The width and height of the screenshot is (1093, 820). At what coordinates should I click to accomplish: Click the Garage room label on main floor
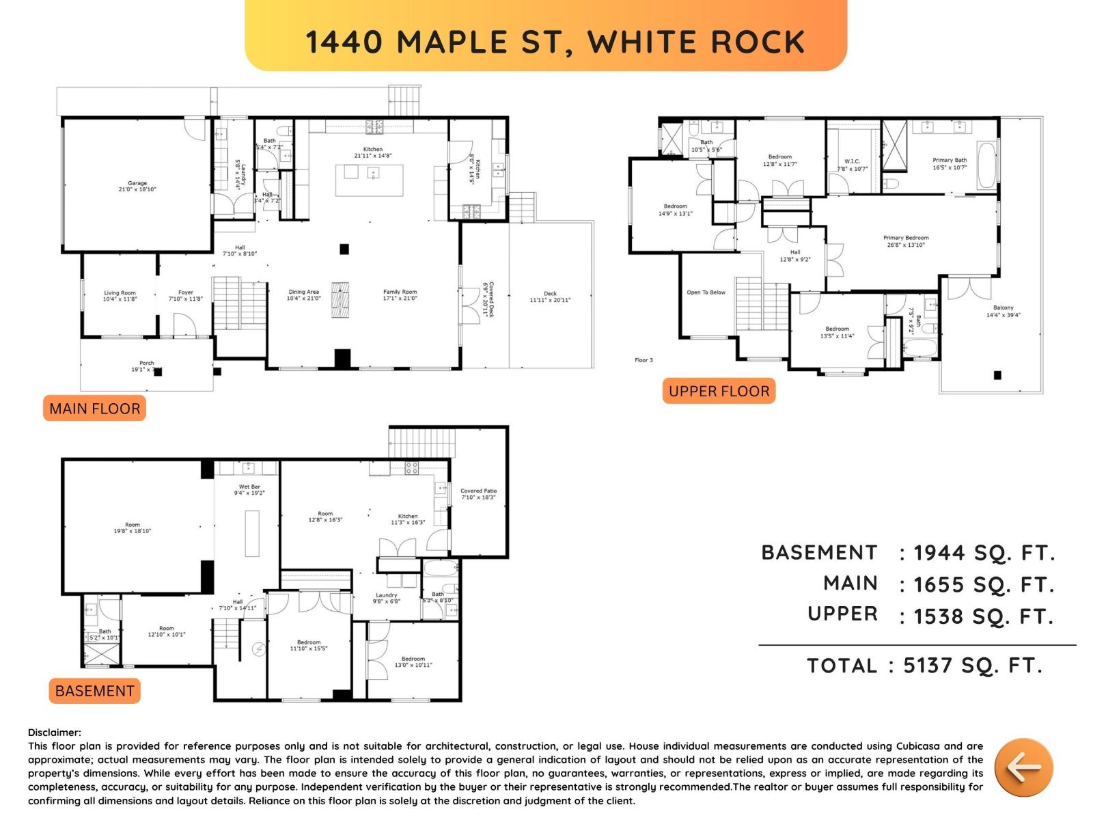pos(137,186)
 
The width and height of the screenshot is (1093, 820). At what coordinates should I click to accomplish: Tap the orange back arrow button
pos(1023,767)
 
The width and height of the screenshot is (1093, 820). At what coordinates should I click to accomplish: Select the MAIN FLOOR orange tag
pos(94,409)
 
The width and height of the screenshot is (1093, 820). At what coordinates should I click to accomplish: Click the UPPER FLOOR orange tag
pos(719,391)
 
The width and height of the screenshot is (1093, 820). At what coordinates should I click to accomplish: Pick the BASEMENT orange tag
pos(94,691)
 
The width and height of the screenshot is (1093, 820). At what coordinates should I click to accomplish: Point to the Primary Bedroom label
pos(906,241)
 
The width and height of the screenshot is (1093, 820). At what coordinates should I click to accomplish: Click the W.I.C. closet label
pos(852,165)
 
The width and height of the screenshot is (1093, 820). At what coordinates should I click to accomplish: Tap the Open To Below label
pos(706,292)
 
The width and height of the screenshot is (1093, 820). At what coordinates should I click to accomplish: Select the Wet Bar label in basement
pos(249,490)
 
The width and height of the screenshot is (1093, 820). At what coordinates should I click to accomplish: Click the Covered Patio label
pos(478,493)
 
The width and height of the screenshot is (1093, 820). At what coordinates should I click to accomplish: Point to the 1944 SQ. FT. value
pos(984,553)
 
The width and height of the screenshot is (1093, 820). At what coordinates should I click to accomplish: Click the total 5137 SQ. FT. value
pos(973,666)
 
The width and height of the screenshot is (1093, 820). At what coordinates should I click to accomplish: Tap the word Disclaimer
pos(54,733)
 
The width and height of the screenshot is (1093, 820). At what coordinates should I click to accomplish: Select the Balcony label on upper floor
pos(1003,311)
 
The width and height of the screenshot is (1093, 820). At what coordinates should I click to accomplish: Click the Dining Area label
pos(303,295)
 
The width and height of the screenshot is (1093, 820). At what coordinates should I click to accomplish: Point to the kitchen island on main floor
pos(369,180)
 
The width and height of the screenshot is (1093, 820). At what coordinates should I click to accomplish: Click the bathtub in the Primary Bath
pos(986,165)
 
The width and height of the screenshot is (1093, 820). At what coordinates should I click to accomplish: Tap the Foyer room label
pos(185,295)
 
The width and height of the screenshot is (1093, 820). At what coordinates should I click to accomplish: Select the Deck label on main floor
pos(550,297)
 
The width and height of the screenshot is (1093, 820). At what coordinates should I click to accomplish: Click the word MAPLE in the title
pos(452,42)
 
